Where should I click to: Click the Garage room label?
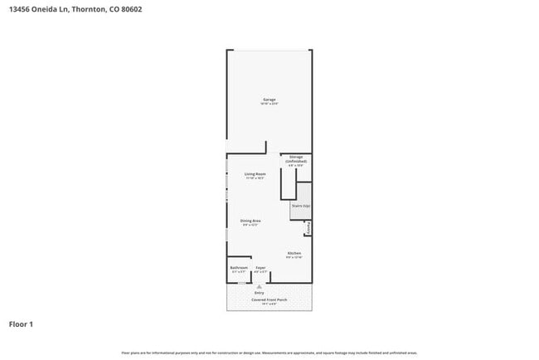point(269,100)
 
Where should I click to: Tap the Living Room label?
point(255,173)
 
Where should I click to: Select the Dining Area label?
point(251,220)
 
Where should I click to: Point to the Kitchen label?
point(294,253)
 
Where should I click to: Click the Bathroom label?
point(239,267)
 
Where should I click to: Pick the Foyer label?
point(260,267)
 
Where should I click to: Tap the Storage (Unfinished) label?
point(296,158)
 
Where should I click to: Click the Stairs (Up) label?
point(300,205)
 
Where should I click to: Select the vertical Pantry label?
point(308,227)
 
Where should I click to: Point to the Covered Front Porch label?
point(270,299)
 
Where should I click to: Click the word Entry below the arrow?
point(260,293)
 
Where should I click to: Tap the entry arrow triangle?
point(260,285)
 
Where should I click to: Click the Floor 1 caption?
point(22,324)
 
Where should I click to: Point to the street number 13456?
point(22,9)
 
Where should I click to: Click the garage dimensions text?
point(269,105)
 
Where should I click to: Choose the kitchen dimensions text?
point(294,257)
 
